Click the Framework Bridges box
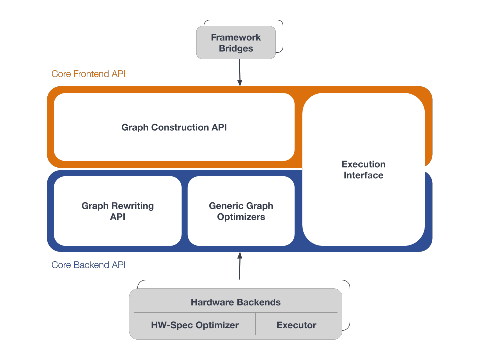click(x=236, y=43)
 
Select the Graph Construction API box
click(x=174, y=127)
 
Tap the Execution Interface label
click(x=363, y=170)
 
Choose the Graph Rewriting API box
click(x=118, y=211)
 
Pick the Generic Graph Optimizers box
click(x=241, y=211)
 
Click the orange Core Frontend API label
click(x=88, y=74)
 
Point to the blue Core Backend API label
click(x=88, y=265)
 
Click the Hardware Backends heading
click(x=236, y=302)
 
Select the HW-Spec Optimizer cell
click(x=195, y=325)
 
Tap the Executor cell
click(x=296, y=325)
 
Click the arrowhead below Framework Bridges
click(x=240, y=83)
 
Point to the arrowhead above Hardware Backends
click(x=240, y=255)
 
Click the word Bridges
click(x=236, y=48)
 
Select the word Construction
click(x=180, y=127)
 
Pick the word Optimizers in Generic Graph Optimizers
click(x=241, y=217)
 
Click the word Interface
click(x=363, y=175)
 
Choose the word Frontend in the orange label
click(x=91, y=74)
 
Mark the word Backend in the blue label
click(x=91, y=265)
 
